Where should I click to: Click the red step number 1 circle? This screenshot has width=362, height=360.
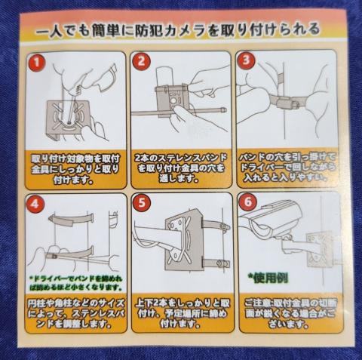36,61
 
